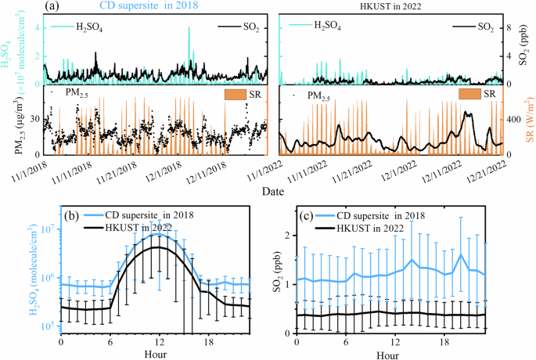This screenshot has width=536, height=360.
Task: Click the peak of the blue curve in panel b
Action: point(160,234)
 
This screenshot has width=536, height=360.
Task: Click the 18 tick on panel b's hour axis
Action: point(209,342)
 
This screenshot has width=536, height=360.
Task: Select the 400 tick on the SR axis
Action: point(513,120)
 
